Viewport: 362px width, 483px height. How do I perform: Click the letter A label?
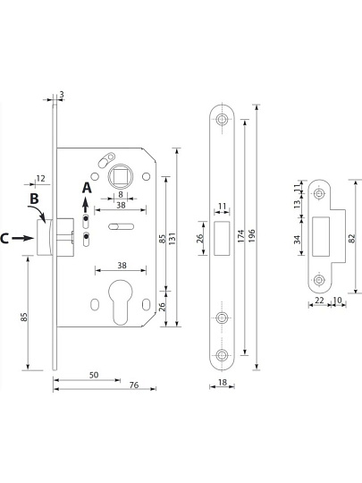(x=87, y=188)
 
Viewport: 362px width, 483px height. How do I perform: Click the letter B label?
(x=34, y=199)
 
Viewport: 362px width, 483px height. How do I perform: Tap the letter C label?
(x=4, y=239)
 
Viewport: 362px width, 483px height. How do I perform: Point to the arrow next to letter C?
(x=22, y=238)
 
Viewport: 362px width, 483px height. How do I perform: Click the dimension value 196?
(x=251, y=235)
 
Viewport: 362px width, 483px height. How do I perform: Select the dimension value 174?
(x=241, y=235)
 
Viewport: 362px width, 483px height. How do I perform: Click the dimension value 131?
(x=173, y=239)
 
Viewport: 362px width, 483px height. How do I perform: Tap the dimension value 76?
(x=134, y=385)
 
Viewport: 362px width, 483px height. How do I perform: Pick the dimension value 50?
(x=94, y=375)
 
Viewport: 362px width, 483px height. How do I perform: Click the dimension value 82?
(x=352, y=238)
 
